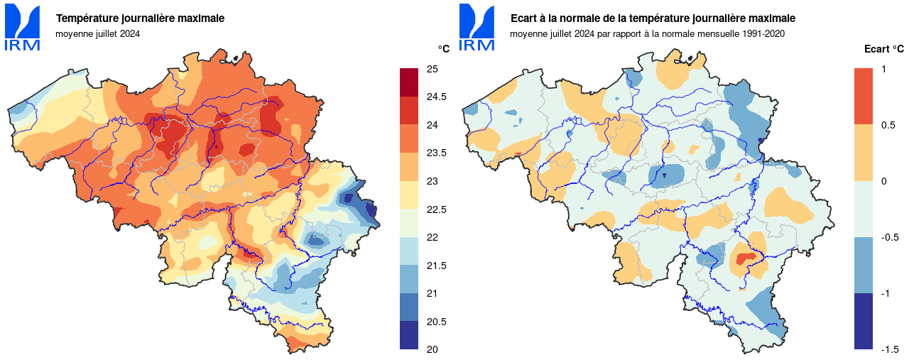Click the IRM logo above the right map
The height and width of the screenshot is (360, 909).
[477, 28]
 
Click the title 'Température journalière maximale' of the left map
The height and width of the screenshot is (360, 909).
[141, 18]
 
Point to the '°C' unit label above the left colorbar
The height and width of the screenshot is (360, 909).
[443, 48]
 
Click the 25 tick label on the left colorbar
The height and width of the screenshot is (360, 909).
[432, 69]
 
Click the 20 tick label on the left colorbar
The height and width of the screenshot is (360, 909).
[432, 349]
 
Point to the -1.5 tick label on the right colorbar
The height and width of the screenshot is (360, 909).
[891, 349]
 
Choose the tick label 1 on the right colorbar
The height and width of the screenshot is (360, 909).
[883, 69]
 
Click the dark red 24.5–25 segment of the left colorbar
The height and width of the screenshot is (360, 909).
[409, 82]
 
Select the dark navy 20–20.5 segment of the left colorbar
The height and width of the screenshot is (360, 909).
[409, 335]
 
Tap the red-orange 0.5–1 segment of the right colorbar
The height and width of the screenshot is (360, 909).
[864, 97]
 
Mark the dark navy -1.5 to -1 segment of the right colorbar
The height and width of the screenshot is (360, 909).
[864, 321]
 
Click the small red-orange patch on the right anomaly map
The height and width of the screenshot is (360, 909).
[745, 258]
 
